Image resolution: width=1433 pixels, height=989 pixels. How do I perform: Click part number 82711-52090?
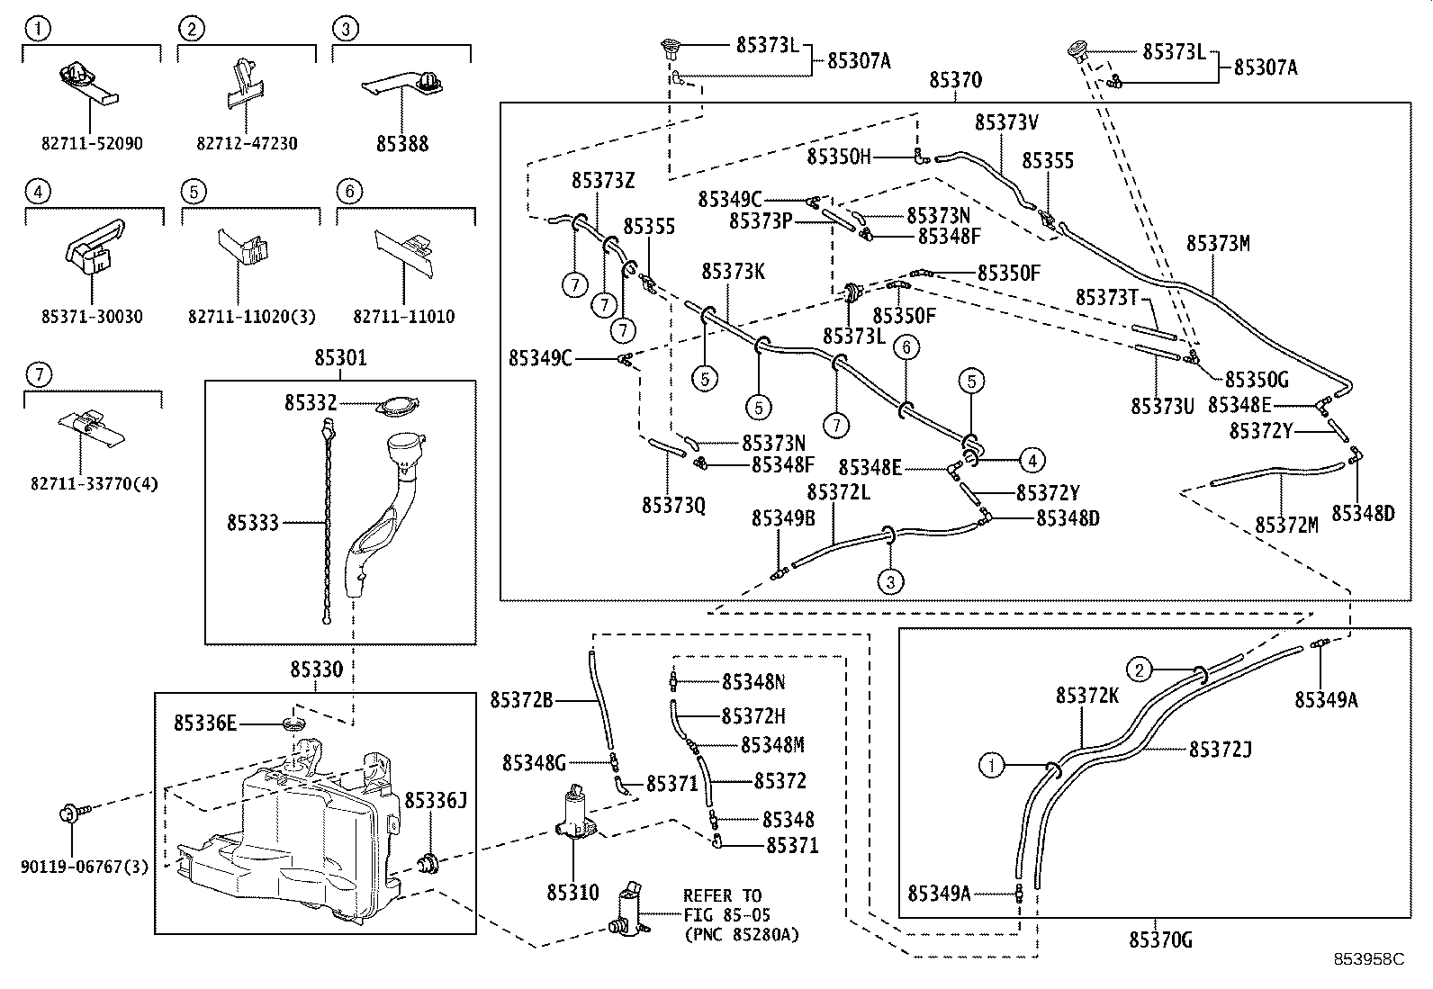[x=92, y=143]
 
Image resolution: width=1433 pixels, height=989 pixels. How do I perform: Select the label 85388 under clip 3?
[x=402, y=143]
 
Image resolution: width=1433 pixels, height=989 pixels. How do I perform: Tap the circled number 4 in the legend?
[x=37, y=191]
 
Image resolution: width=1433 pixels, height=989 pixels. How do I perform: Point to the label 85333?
[x=253, y=522]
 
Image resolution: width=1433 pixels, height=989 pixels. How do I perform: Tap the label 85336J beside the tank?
[x=435, y=800]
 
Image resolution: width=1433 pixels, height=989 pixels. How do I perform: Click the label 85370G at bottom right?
[x=1160, y=941]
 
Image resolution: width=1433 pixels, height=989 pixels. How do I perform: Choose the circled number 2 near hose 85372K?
[x=1139, y=669]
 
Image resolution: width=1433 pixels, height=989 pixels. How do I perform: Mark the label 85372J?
[x=1221, y=749]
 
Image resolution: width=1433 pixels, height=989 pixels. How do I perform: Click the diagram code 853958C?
[x=1368, y=959]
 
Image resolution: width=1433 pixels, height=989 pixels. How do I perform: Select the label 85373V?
[x=1006, y=121]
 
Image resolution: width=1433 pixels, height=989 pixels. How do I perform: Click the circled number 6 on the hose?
[x=906, y=346]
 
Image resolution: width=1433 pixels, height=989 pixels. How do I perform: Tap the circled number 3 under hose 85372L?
[x=890, y=581]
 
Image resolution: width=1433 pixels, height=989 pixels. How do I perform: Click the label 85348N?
[x=753, y=682]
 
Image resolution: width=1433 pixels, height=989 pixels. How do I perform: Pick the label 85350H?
[x=839, y=157]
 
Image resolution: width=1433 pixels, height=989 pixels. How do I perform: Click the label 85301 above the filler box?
[x=340, y=358]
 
